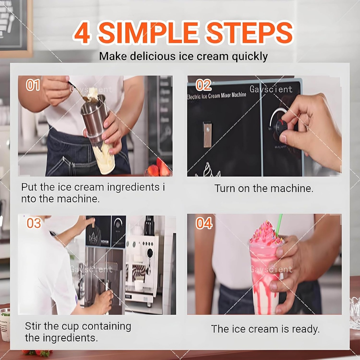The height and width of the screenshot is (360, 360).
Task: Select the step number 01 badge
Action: point(33,85)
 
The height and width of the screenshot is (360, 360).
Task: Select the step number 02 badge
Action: point(203,85)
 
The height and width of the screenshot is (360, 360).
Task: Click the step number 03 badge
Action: point(34,223)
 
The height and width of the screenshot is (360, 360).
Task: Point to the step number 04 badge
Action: point(204,223)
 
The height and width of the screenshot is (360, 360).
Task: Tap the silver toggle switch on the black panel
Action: point(207,134)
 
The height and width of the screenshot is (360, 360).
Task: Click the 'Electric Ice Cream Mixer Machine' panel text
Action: point(217,95)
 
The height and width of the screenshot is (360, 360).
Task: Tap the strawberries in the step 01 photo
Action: point(158,169)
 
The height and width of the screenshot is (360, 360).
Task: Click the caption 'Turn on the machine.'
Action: point(264,188)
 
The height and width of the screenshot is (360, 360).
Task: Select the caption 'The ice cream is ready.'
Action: point(265,329)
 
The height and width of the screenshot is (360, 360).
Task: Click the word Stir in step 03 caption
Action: point(32,326)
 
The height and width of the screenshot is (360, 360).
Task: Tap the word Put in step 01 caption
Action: point(29,187)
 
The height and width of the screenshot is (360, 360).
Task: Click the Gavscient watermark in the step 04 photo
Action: point(271,269)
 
